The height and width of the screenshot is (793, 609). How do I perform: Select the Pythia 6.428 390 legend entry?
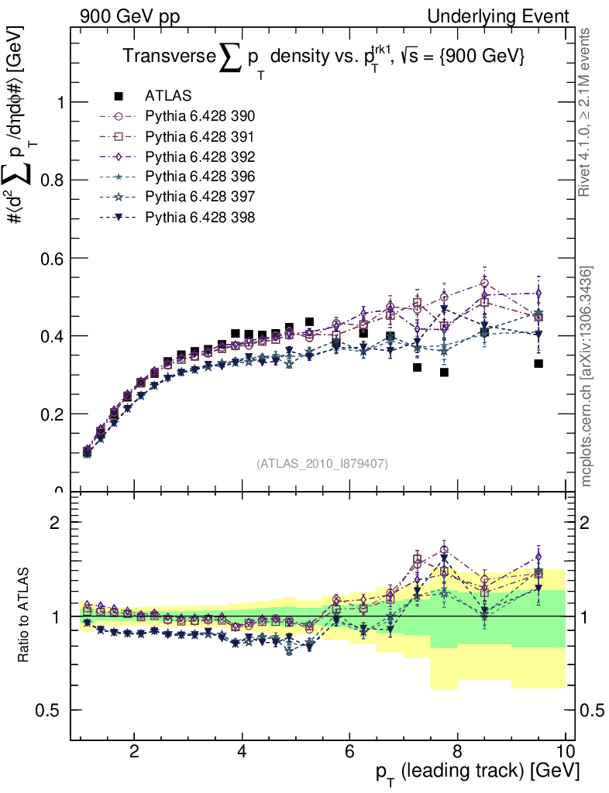[x=199, y=116]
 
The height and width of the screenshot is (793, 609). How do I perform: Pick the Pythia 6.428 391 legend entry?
[x=199, y=136]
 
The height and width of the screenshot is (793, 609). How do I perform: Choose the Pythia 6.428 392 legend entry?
[x=199, y=156]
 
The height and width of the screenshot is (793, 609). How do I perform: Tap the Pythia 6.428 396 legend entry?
[x=199, y=177]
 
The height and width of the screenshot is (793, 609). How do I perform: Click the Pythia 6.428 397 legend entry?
[x=199, y=197]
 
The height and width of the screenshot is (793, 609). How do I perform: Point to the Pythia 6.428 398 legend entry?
[x=199, y=217]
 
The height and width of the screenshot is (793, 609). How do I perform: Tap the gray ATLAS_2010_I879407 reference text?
[x=322, y=463]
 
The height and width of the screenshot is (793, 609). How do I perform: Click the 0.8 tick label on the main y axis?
[x=52, y=180]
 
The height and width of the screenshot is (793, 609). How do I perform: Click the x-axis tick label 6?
[x=349, y=751]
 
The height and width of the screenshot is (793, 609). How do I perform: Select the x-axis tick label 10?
[x=566, y=751]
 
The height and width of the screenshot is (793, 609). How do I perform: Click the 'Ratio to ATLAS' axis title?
[x=24, y=616]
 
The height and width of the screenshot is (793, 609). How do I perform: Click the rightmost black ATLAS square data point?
[x=538, y=363]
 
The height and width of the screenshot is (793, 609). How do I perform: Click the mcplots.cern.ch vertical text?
[x=587, y=376]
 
